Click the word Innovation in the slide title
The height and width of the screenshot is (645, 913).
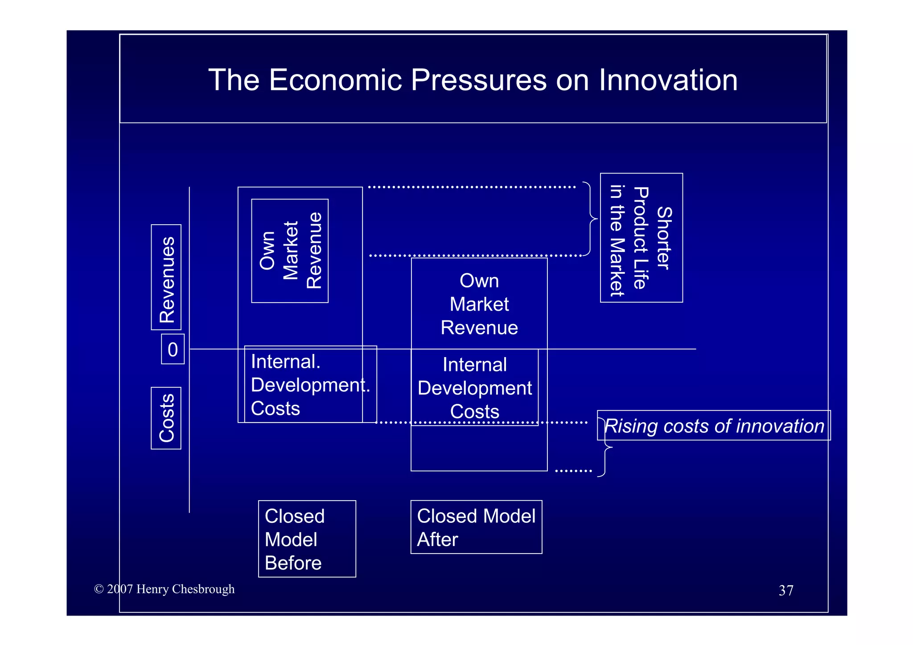tap(668, 80)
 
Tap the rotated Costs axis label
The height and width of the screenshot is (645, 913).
tap(167, 418)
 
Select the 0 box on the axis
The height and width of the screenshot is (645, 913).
tap(173, 349)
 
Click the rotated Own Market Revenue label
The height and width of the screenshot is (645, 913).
tap(290, 251)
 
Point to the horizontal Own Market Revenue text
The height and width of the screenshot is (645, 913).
tap(479, 304)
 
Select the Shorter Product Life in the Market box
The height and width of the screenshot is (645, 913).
tap(641, 238)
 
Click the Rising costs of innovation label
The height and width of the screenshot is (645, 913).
tap(714, 426)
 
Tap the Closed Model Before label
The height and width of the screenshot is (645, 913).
tap(307, 539)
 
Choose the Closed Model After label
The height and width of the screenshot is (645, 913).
tap(476, 527)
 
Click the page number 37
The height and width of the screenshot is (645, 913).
tap(786, 591)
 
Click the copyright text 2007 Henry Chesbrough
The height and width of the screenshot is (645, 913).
tap(165, 589)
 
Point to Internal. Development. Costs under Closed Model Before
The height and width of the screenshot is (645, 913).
tap(310, 385)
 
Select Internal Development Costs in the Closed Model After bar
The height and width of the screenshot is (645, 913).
tap(475, 388)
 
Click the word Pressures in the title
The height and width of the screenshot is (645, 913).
tap(478, 80)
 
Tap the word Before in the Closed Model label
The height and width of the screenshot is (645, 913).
tap(293, 563)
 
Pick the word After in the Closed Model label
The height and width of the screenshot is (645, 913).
tap(437, 540)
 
